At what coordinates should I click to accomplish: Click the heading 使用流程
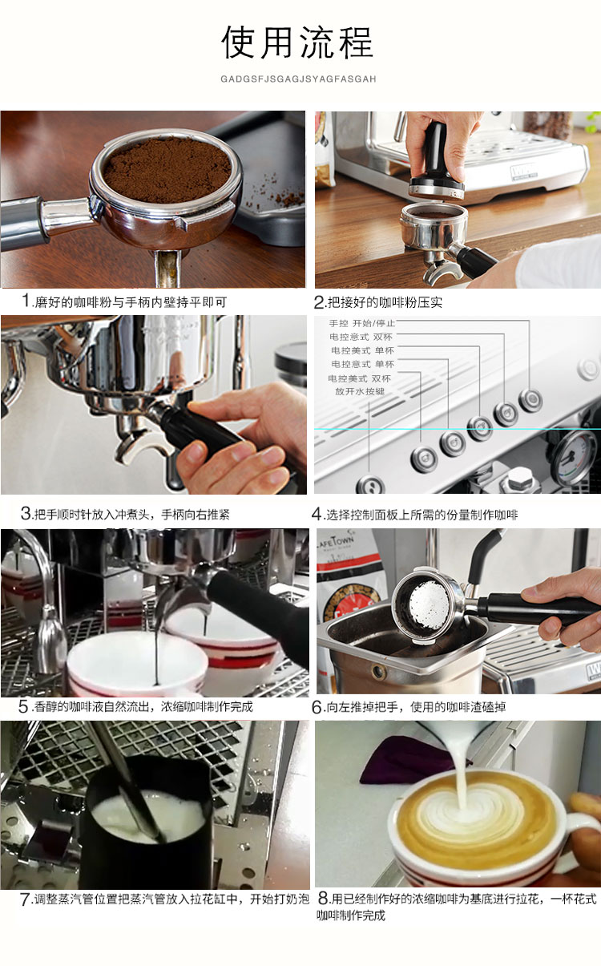click(297, 42)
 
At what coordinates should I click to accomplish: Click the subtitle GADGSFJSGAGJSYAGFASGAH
click(298, 79)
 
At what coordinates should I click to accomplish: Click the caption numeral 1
click(26, 300)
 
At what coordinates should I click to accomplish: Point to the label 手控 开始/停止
click(361, 323)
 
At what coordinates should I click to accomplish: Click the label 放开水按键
click(360, 391)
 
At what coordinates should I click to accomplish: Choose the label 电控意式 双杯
click(361, 337)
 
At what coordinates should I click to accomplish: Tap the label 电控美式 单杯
click(362, 350)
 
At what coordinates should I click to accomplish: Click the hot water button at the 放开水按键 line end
click(370, 486)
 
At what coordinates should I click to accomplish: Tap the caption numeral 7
click(25, 899)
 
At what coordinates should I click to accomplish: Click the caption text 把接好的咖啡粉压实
click(385, 302)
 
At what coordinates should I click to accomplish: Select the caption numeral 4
click(317, 514)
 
